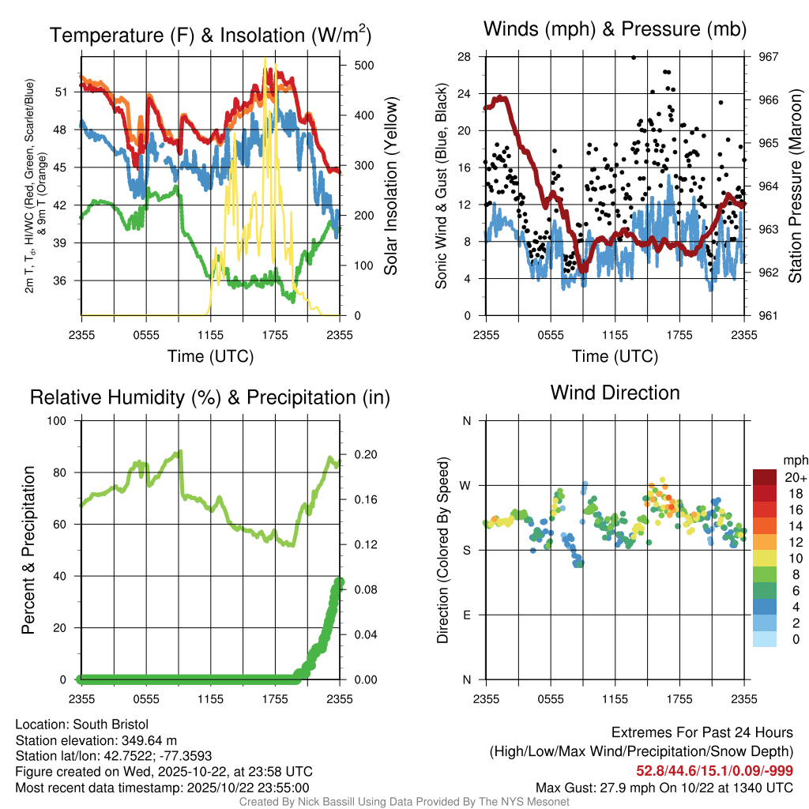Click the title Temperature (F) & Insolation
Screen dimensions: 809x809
[210, 36]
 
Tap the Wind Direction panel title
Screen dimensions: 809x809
[615, 393]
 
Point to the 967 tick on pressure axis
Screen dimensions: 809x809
[768, 57]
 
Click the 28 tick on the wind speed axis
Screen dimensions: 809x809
[464, 57]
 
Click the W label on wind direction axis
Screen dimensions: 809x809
[467, 485]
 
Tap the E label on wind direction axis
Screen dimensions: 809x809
[467, 615]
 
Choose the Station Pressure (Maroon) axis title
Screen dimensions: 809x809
[796, 186]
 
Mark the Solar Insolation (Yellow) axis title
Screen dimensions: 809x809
[391, 186]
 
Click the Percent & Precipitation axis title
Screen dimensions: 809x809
[28, 550]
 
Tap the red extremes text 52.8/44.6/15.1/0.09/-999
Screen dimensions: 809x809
[714, 771]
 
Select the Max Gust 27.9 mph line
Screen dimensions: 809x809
[664, 787]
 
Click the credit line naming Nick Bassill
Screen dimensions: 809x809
[404, 802]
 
